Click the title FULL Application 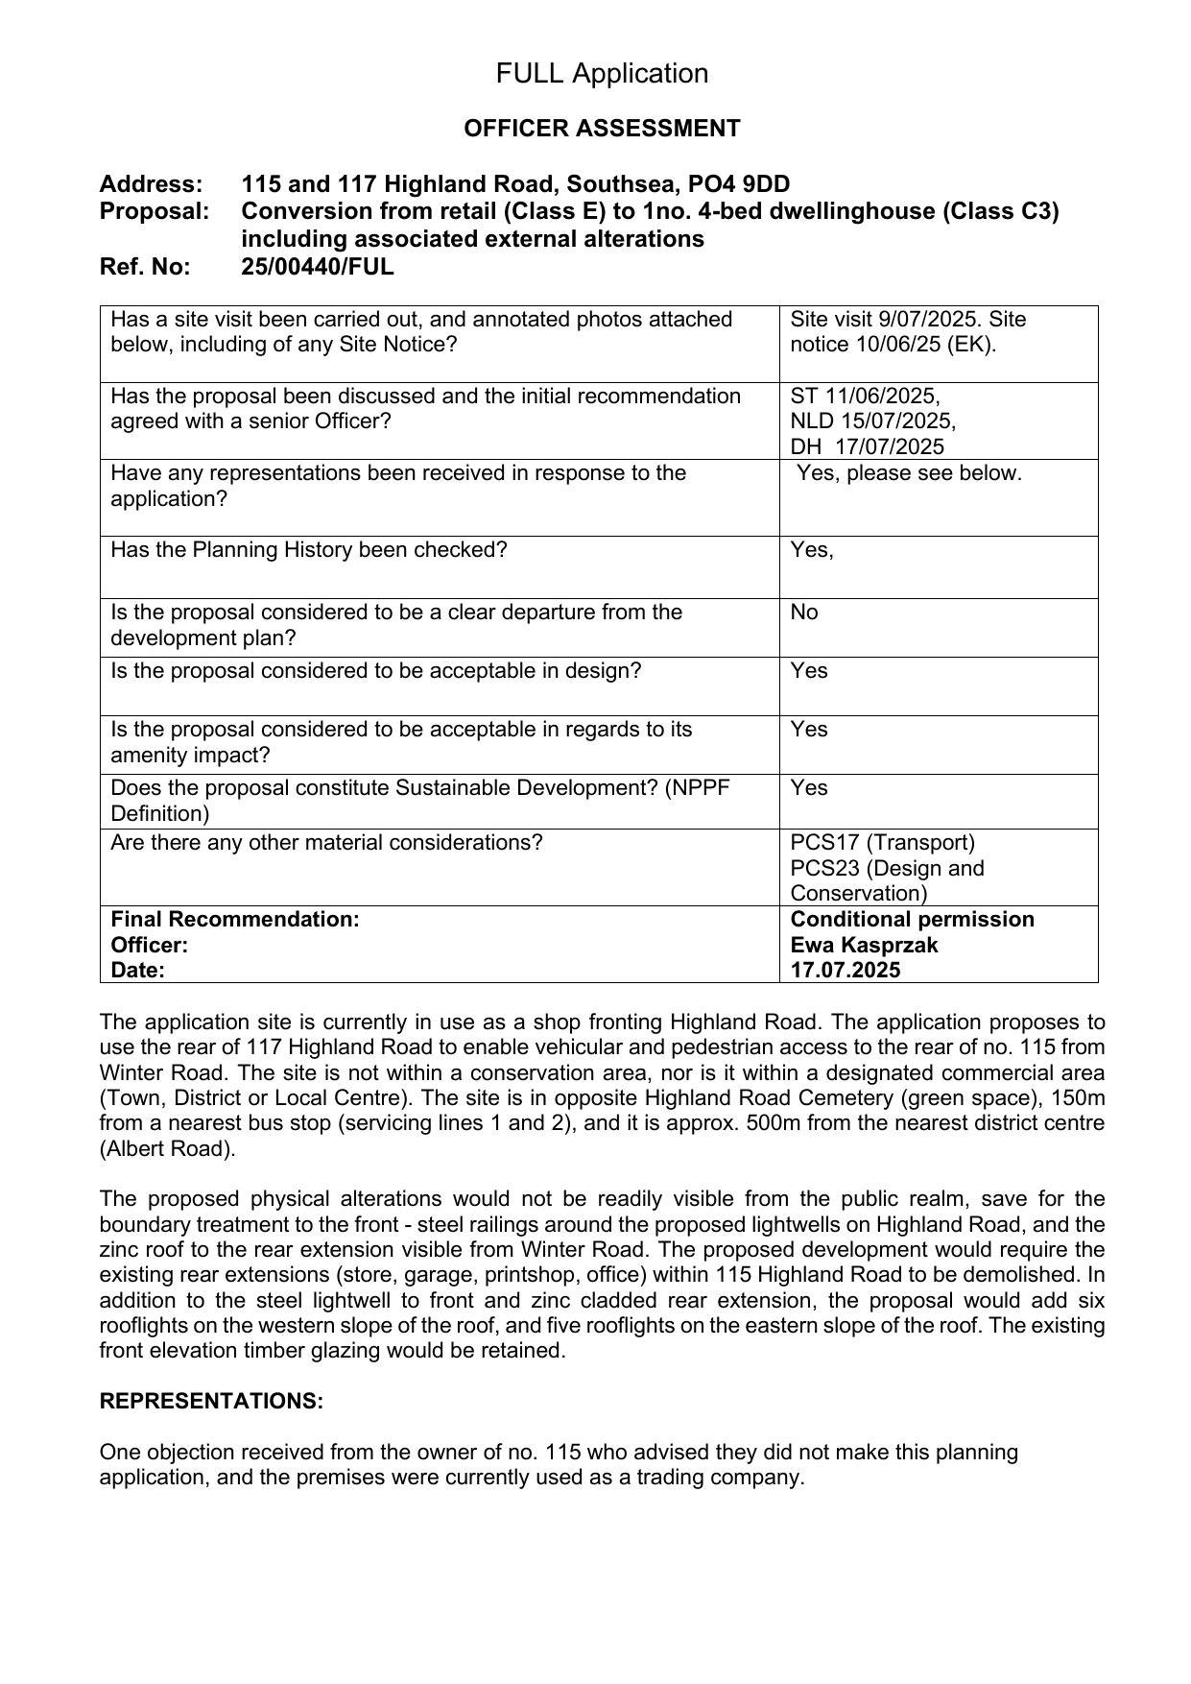tap(602, 74)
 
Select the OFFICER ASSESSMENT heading tap(602, 129)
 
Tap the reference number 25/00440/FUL tap(318, 267)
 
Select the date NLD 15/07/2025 tap(872, 421)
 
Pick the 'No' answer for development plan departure tap(804, 613)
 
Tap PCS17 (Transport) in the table tap(882, 843)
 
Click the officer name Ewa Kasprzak tap(864, 945)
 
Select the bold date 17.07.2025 tap(846, 970)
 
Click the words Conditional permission tap(912, 920)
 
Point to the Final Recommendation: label tap(235, 920)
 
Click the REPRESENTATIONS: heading tap(211, 1402)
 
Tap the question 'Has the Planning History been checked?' tap(309, 550)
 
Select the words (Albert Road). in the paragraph tap(167, 1148)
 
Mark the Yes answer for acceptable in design tap(809, 671)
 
